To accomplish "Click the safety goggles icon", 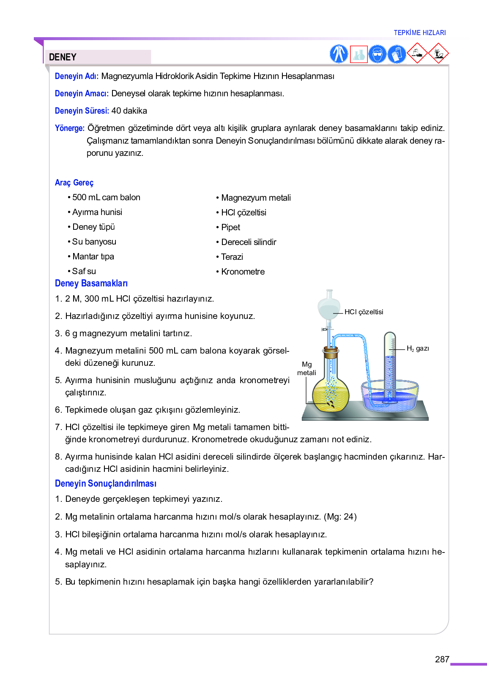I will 377,54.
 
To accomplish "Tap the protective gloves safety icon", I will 397,54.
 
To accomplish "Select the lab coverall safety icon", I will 339,54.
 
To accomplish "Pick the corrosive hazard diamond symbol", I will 417,54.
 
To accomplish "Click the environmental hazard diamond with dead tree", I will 438,54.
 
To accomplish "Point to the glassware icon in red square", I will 358,54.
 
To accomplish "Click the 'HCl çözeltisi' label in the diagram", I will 364,312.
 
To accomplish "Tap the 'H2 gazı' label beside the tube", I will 418,348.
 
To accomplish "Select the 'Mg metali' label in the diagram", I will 306,368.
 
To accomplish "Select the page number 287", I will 442,659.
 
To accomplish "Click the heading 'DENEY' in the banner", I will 63,57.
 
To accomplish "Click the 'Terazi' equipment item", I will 232,257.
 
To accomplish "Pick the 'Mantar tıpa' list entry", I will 93,256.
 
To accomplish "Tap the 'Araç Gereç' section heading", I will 74,182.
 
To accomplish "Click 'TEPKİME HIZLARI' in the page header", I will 419,33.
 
